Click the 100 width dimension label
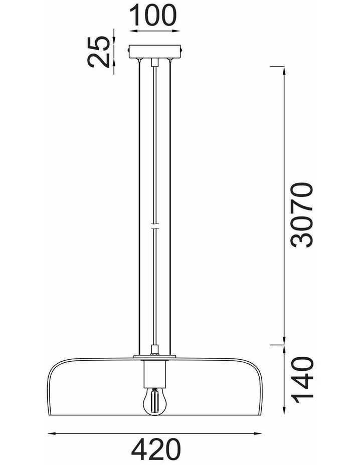[x=153, y=15]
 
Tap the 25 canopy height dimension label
[x=98, y=52]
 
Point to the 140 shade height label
[x=302, y=380]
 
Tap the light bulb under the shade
[x=154, y=401]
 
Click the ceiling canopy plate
[x=154, y=51]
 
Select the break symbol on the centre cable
[x=154, y=226]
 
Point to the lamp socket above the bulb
[x=154, y=374]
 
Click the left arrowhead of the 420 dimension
[x=52, y=433]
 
